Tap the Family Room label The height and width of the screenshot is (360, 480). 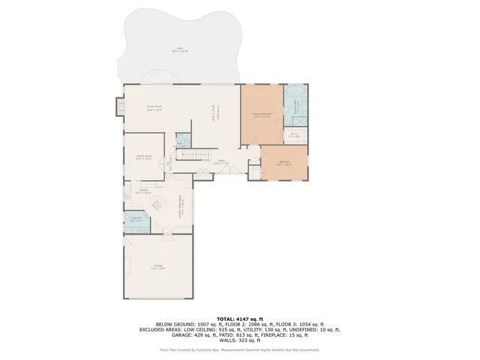tap(154, 109)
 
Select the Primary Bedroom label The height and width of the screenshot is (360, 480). tap(261, 115)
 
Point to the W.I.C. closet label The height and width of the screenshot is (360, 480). tap(294, 136)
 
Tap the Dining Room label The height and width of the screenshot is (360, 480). tap(144, 157)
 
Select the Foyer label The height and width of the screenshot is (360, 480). tap(222, 161)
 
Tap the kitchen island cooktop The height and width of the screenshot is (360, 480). tap(147, 201)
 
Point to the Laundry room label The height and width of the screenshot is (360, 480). tap(136, 220)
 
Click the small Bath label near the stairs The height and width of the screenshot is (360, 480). tap(180, 144)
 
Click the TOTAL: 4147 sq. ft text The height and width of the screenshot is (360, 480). tap(239, 319)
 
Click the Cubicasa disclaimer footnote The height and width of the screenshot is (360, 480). tap(239, 349)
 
